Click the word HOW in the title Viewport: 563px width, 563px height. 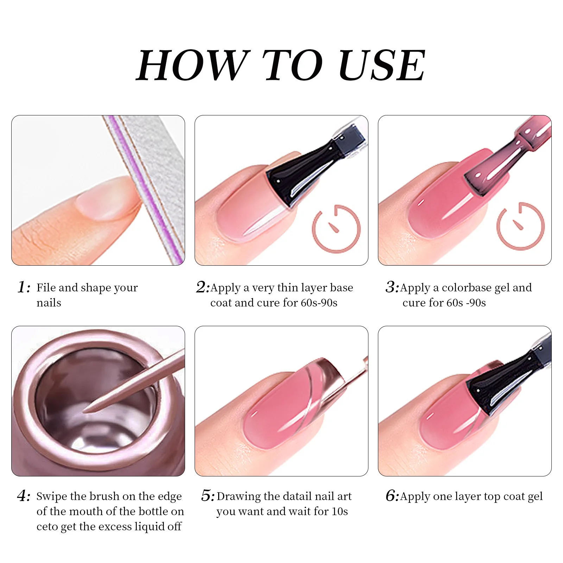point(193,66)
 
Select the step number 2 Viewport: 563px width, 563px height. point(202,287)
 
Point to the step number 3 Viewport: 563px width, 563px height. point(391,287)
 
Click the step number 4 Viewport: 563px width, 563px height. point(23,496)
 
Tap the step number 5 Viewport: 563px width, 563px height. point(207,496)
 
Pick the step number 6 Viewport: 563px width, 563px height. point(391,496)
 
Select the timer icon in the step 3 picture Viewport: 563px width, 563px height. point(520,226)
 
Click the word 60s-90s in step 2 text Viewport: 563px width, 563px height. point(319,303)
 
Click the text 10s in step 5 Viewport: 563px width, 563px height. point(340,512)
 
